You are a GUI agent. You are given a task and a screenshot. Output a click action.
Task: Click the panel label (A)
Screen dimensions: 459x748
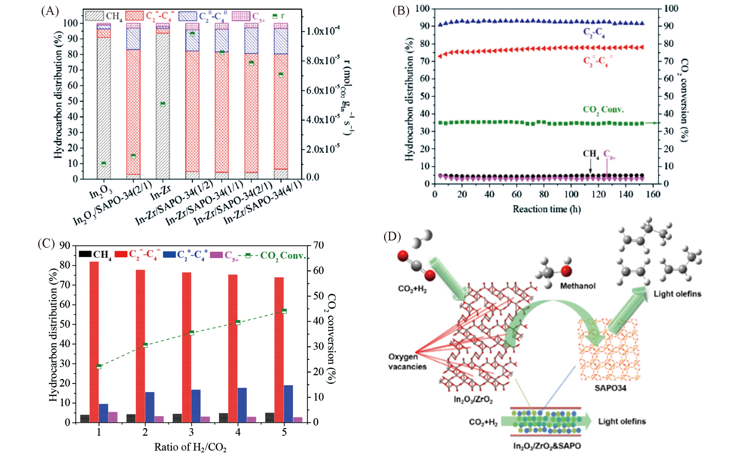click(x=50, y=11)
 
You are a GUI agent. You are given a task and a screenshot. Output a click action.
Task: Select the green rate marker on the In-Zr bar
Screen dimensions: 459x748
click(x=163, y=104)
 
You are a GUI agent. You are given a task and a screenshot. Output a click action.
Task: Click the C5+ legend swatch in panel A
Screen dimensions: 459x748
click(x=241, y=16)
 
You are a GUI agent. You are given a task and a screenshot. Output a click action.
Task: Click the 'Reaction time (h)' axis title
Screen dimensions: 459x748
click(x=546, y=209)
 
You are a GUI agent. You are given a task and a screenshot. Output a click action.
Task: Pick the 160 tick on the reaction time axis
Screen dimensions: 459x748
click(x=653, y=194)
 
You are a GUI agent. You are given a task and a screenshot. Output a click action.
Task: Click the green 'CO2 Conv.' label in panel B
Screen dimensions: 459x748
click(x=603, y=110)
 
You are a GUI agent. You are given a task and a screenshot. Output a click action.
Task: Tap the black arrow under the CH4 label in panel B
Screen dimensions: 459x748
click(x=590, y=167)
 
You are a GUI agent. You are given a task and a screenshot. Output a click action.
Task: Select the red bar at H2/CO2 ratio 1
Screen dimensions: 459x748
click(x=94, y=342)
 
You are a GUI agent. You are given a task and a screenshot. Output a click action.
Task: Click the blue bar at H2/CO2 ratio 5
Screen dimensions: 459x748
click(x=288, y=404)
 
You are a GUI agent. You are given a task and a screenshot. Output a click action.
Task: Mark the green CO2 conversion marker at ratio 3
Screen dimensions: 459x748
click(x=191, y=333)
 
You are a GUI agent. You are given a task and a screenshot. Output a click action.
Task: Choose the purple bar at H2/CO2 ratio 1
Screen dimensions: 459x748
click(x=113, y=417)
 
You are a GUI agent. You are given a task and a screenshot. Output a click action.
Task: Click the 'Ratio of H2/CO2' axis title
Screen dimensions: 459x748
click(x=190, y=447)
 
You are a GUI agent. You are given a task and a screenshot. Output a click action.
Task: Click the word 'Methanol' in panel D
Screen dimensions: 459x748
click(x=578, y=286)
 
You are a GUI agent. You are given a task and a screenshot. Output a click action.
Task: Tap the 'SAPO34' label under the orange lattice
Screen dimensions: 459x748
click(x=610, y=388)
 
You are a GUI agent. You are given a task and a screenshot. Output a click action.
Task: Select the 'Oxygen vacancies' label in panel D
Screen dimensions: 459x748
click(x=407, y=362)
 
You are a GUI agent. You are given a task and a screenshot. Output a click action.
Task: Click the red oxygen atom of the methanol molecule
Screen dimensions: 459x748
click(x=566, y=271)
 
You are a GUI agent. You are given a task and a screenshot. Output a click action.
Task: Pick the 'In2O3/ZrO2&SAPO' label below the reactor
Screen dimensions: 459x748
click(x=547, y=446)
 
